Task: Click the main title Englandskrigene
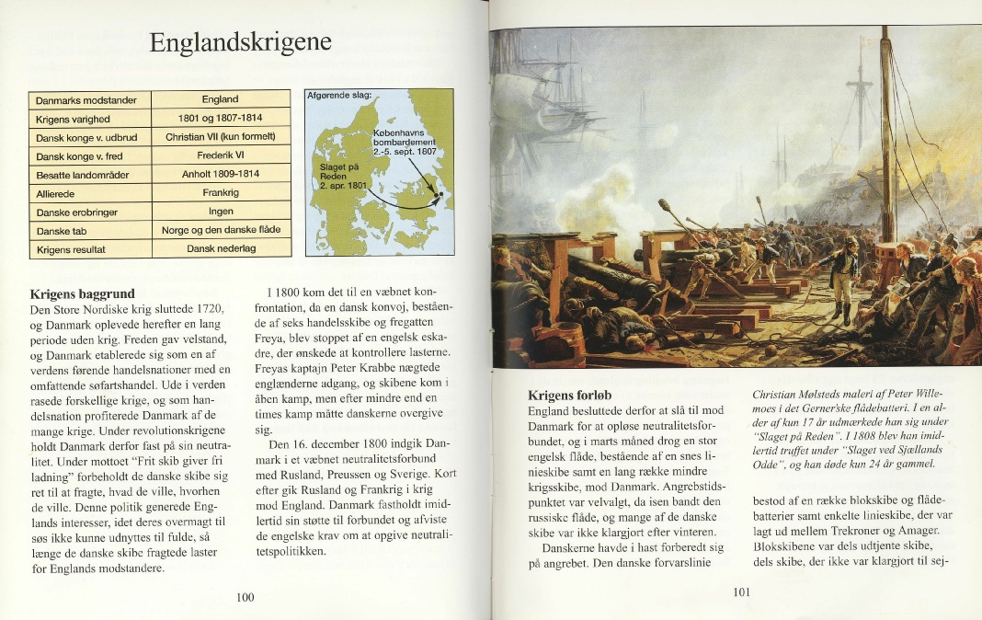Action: (240, 43)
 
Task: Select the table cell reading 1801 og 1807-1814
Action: (220, 118)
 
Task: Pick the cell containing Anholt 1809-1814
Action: (220, 174)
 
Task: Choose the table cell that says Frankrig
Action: (220, 193)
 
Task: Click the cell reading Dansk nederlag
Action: (220, 249)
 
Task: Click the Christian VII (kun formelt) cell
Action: (220, 137)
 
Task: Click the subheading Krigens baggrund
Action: (83, 294)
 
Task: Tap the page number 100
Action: (245, 598)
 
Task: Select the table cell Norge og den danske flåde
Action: (220, 230)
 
